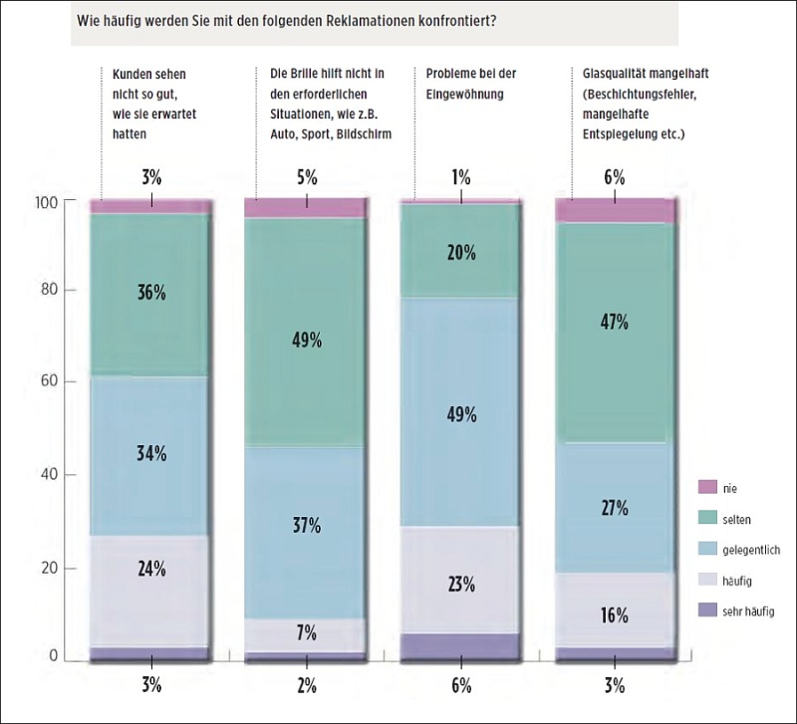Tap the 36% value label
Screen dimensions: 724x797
pyautogui.click(x=152, y=294)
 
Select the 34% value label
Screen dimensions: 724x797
pyautogui.click(x=152, y=454)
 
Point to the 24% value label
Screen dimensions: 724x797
pyautogui.click(x=152, y=570)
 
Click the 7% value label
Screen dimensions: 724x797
pyautogui.click(x=307, y=632)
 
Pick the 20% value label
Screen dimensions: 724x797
pyautogui.click(x=461, y=253)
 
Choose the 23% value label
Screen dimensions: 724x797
pyautogui.click(x=461, y=585)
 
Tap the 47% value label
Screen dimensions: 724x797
pyautogui.click(x=615, y=322)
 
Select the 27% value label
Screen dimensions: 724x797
pyautogui.click(x=615, y=508)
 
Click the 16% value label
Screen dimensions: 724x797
pyautogui.click(x=615, y=615)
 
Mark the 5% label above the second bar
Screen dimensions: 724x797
pyautogui.click(x=307, y=178)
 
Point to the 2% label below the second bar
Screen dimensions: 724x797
pyautogui.click(x=307, y=685)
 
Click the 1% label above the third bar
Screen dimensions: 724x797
pyautogui.click(x=461, y=178)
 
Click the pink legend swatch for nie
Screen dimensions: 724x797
pyautogui.click(x=707, y=487)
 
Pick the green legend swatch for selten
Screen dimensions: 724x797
pyautogui.click(x=707, y=518)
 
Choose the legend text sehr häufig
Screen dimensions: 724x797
pyautogui.click(x=747, y=610)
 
